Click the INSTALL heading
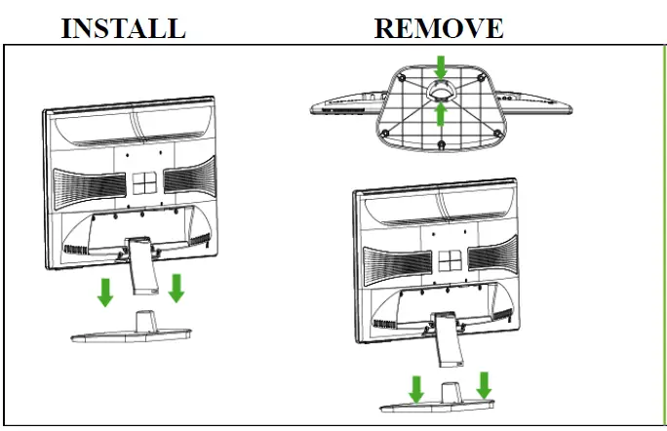tap(123, 27)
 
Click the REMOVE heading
tap(439, 27)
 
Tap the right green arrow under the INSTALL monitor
tap(177, 287)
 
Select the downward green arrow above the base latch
tap(441, 66)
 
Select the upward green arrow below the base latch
tap(441, 114)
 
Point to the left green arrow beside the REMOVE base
tap(416, 389)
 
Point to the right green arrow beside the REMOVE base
tap(483, 383)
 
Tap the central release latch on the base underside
tap(441, 89)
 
